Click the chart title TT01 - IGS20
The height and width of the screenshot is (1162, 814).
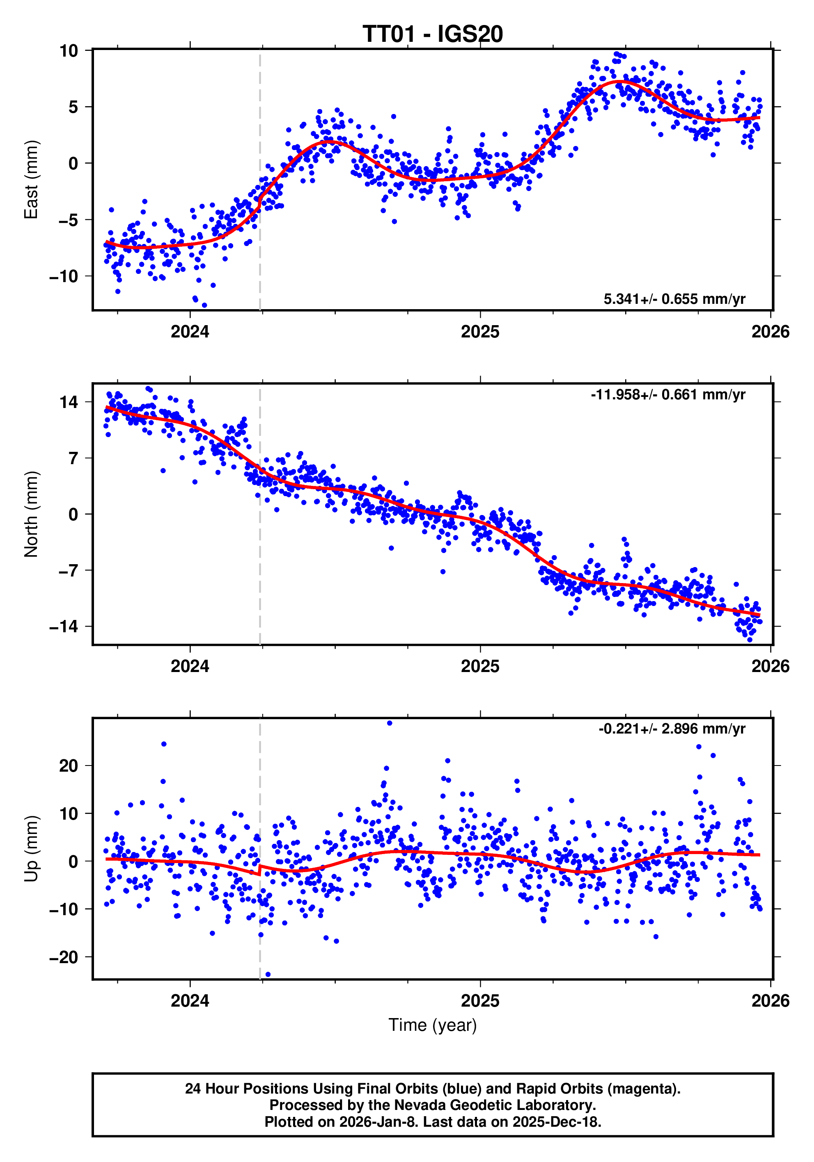(432, 34)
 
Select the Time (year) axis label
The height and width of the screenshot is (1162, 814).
(432, 1025)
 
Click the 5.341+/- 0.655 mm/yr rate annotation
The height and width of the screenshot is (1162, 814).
(674, 299)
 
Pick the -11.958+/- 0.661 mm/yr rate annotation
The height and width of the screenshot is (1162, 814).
(667, 395)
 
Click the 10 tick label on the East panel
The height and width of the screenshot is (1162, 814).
(69, 50)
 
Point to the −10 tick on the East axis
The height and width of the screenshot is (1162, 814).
(64, 276)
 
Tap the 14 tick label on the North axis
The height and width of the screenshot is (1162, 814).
(69, 402)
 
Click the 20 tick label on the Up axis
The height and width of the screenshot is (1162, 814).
(69, 766)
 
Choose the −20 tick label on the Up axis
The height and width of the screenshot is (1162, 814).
(64, 957)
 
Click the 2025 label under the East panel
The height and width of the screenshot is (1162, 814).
(480, 332)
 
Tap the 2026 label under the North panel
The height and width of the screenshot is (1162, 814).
(770, 667)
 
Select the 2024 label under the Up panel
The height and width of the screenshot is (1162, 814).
(190, 1001)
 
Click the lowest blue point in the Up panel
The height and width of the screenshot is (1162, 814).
(268, 974)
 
